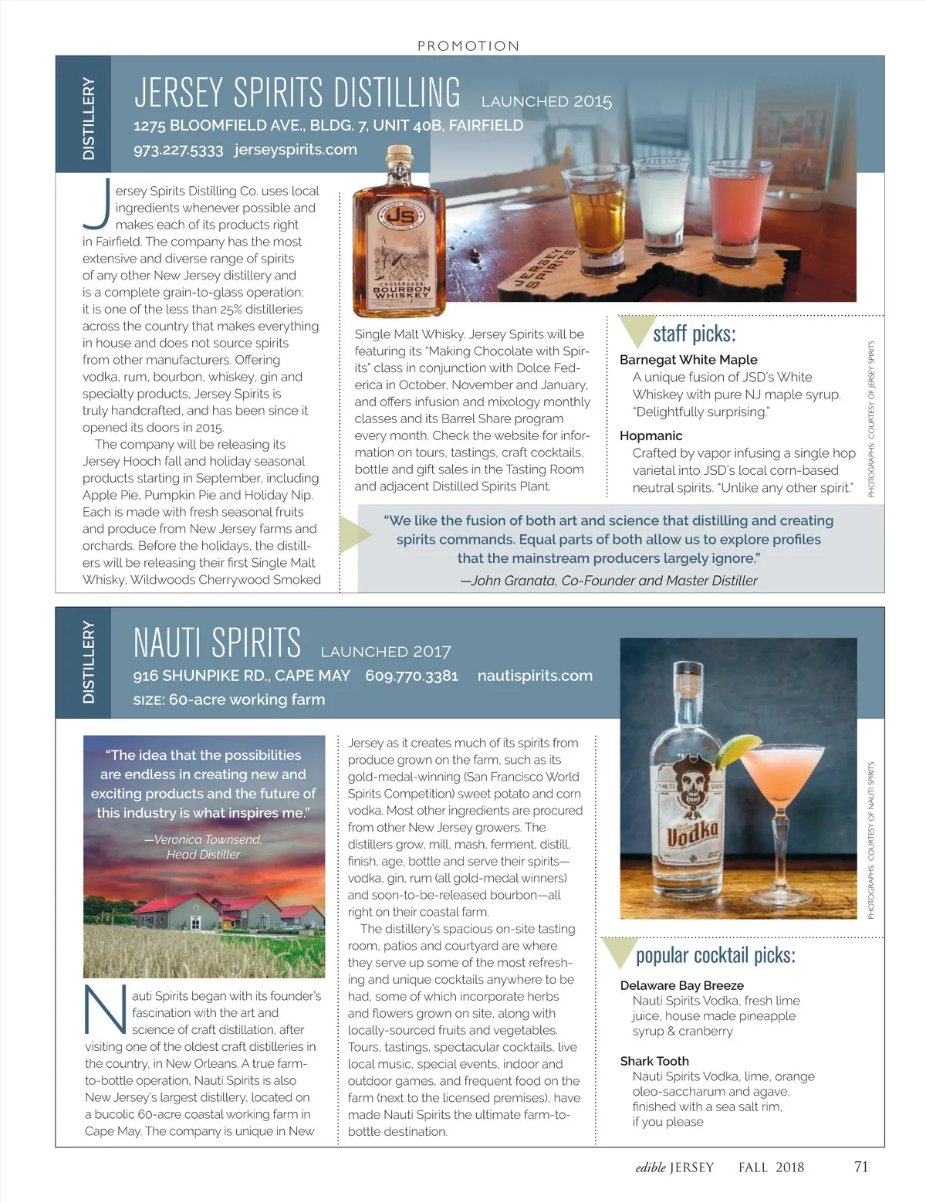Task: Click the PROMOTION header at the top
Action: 468,46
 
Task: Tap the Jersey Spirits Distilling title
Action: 297,93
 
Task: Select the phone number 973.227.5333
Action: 178,150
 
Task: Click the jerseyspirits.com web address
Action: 296,149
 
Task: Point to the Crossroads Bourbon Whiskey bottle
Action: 391,239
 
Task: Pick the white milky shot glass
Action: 657,203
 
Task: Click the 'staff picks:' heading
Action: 694,334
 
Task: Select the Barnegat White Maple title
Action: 688,360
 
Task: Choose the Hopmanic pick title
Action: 651,435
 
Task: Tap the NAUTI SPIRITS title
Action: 217,642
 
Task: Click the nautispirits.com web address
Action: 535,676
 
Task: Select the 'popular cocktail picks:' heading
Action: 715,955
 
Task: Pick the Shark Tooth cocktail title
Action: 654,1061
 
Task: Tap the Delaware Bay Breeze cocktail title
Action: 681,985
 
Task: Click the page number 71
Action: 861,1167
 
